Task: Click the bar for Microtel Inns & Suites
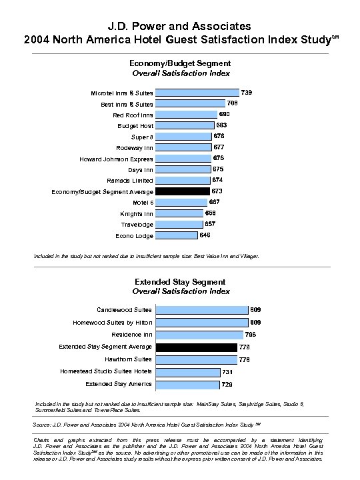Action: [197, 93]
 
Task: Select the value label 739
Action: [246, 92]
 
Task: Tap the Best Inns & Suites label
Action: [127, 104]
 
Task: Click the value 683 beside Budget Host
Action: [222, 125]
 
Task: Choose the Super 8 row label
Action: [142, 137]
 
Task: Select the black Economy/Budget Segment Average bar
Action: [182, 191]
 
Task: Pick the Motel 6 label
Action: [143, 202]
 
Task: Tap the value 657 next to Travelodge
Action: [209, 224]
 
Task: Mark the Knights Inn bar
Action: [179, 213]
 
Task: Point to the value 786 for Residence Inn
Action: [250, 334]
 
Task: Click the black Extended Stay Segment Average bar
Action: [196, 347]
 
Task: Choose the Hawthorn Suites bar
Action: [196, 359]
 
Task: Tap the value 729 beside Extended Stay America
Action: [227, 385]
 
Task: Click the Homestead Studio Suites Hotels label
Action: [106, 371]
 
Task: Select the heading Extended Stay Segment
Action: [180, 282]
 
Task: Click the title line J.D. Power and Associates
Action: [180, 25]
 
